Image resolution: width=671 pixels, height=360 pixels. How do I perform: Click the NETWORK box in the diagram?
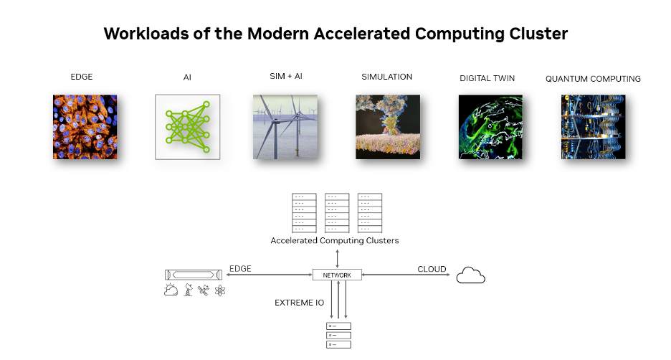[337, 275]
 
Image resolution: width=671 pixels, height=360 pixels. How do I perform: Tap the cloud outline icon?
[471, 275]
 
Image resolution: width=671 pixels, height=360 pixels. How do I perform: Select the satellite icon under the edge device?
[204, 290]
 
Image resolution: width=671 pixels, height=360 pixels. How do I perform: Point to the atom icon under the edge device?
[220, 290]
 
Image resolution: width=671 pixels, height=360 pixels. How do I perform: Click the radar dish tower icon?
[188, 290]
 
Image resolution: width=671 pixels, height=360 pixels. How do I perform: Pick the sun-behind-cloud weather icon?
[171, 290]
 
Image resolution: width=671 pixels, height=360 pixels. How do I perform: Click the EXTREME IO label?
[299, 303]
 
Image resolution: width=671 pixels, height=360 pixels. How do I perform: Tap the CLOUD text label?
[432, 269]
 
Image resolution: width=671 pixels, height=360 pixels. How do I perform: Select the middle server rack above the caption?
[337, 213]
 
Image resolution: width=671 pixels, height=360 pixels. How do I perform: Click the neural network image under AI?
[187, 127]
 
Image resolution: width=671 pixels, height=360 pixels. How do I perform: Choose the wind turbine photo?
[285, 127]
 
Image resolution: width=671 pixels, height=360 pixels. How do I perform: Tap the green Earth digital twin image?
[490, 127]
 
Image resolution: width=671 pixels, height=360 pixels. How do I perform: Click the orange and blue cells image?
[85, 127]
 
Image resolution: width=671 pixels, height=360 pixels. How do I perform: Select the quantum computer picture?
[593, 127]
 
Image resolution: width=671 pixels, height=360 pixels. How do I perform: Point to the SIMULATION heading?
[387, 77]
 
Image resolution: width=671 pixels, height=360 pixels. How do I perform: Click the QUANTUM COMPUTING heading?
[593, 79]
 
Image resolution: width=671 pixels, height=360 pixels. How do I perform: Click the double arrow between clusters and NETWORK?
[337, 259]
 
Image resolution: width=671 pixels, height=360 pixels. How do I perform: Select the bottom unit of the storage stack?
[338, 344]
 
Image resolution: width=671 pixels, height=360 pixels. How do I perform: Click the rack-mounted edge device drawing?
[194, 275]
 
